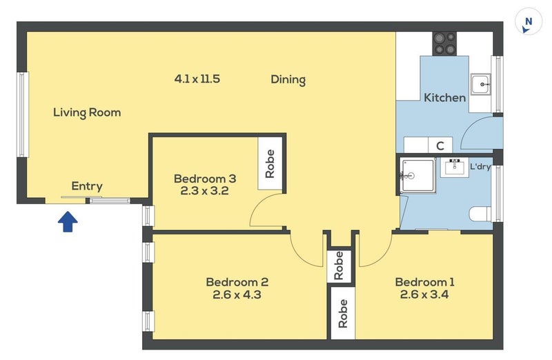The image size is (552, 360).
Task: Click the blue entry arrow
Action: (x=68, y=221)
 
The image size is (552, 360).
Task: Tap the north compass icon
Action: (x=528, y=22)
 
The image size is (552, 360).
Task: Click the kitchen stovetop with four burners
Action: (x=444, y=43)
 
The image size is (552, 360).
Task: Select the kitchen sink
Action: (x=480, y=84)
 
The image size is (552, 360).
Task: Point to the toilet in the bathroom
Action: (x=480, y=214)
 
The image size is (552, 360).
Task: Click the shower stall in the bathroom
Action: (x=418, y=175)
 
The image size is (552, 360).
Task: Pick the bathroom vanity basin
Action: (x=455, y=168)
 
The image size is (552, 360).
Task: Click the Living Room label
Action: (x=87, y=112)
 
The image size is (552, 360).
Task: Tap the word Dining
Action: (x=288, y=79)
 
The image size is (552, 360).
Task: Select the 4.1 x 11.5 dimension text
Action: (x=197, y=79)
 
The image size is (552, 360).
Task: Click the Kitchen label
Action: (x=444, y=97)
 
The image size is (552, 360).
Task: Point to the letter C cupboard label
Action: (x=440, y=146)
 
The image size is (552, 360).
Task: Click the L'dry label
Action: (x=480, y=166)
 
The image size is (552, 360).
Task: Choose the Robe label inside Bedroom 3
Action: (x=270, y=163)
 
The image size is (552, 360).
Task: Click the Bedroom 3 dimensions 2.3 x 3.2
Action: (x=204, y=191)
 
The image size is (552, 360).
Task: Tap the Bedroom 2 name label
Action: (x=237, y=282)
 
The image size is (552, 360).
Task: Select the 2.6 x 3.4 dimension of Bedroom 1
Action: (x=424, y=294)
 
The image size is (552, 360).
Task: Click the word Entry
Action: (x=87, y=186)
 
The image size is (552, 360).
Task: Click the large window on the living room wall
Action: (x=23, y=114)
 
